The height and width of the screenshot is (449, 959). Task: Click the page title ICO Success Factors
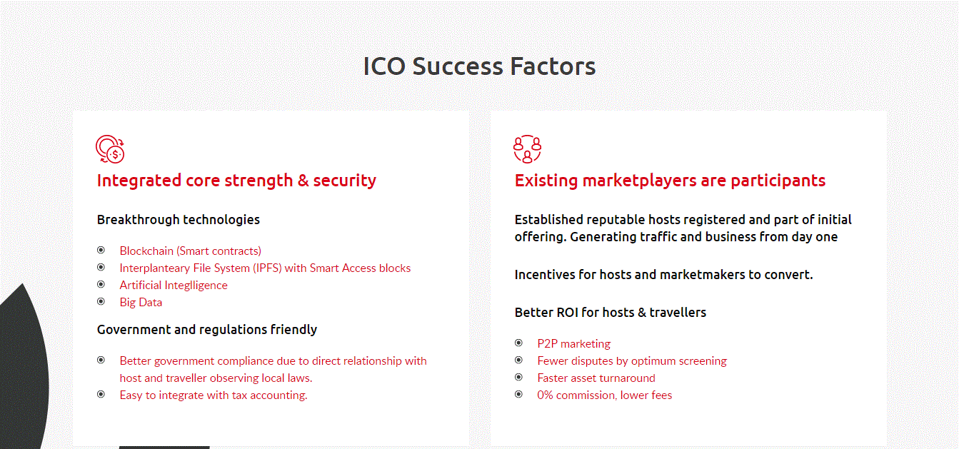pos(479,66)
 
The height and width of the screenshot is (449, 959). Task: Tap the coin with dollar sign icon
pos(110,149)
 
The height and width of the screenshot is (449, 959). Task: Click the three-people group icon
pos(528,149)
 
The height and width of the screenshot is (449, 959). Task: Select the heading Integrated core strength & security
pos(237,181)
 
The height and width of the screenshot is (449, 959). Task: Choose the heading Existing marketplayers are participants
pos(670,181)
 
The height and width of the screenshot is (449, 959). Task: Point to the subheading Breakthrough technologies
pos(178,220)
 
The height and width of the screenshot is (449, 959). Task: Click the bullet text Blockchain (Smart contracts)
pos(191,251)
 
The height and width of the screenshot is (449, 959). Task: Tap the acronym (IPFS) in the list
pos(267,268)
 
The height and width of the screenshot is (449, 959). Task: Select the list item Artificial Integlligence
pos(174,285)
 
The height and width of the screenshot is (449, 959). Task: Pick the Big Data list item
pos(141,302)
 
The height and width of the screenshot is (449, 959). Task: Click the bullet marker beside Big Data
pos(101,301)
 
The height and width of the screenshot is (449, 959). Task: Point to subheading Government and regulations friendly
pos(207,330)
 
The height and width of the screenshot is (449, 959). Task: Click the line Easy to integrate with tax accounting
pos(214,395)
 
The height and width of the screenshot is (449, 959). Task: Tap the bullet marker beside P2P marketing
pos(519,343)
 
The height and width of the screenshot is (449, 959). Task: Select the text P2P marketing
pos(573,343)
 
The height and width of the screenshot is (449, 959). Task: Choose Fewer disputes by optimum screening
pos(632,360)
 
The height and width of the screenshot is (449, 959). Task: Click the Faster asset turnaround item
pos(596,378)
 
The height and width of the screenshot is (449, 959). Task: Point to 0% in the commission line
pos(545,395)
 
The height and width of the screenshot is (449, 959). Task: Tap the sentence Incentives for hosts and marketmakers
pos(663,275)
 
